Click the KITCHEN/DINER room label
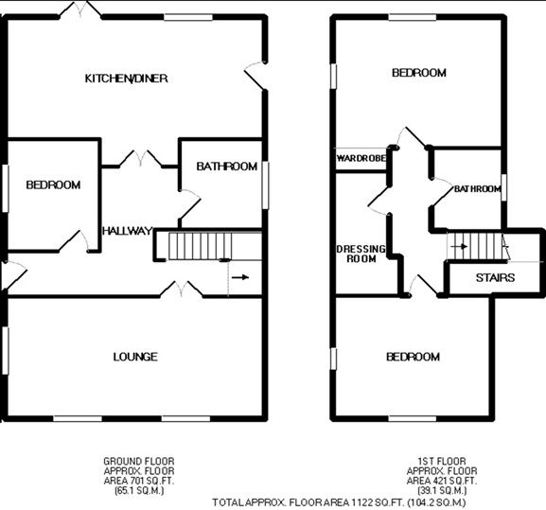coord(127,79)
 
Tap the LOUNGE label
coord(135,357)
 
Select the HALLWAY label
coord(128,231)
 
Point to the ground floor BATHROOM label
coord(227,167)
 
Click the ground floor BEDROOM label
coord(53,185)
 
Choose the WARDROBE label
coord(361,158)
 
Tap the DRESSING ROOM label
coord(361,254)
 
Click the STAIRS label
coord(495,278)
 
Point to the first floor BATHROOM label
coord(478,189)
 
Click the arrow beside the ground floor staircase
coord(240,277)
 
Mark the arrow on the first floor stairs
coord(459,246)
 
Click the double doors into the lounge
coord(181,289)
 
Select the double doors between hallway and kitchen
coord(141,158)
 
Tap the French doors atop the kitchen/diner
coord(80,9)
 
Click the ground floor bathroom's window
coord(265,185)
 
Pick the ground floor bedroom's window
coord(5,188)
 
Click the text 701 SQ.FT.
coord(152,481)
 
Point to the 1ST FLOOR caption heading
coord(442,462)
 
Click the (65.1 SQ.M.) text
coord(139,491)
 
